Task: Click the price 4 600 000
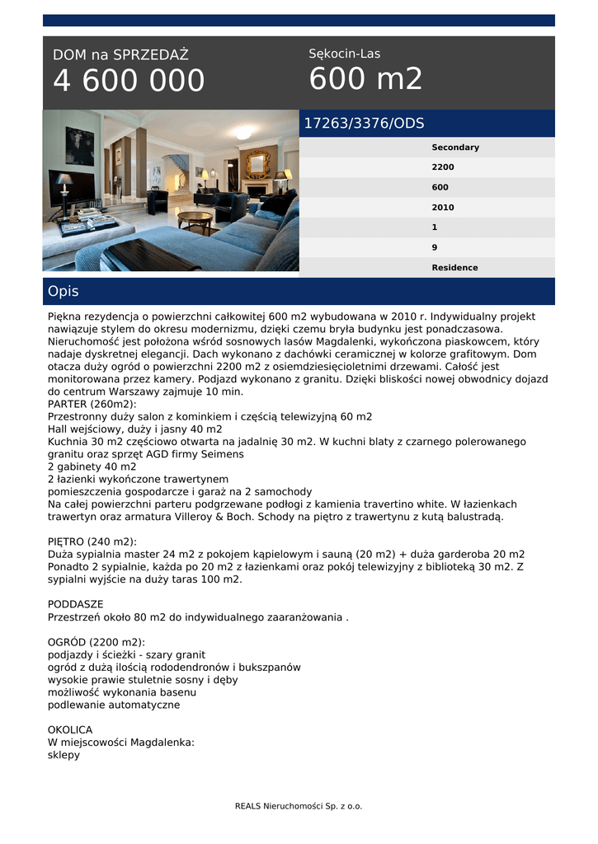point(129,82)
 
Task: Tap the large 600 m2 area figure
point(365,79)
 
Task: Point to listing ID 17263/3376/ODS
point(364,124)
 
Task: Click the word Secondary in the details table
point(454,148)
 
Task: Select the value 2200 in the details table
point(443,167)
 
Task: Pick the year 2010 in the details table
point(443,208)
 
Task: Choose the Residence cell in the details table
point(454,268)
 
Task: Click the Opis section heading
point(64,292)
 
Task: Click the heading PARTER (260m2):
point(92,404)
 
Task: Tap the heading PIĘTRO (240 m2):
point(92,542)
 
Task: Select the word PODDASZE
point(76,604)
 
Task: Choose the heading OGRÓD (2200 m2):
point(97,642)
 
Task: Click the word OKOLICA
point(70,729)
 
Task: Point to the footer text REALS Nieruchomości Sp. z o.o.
point(299,806)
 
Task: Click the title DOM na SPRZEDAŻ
point(120,55)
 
